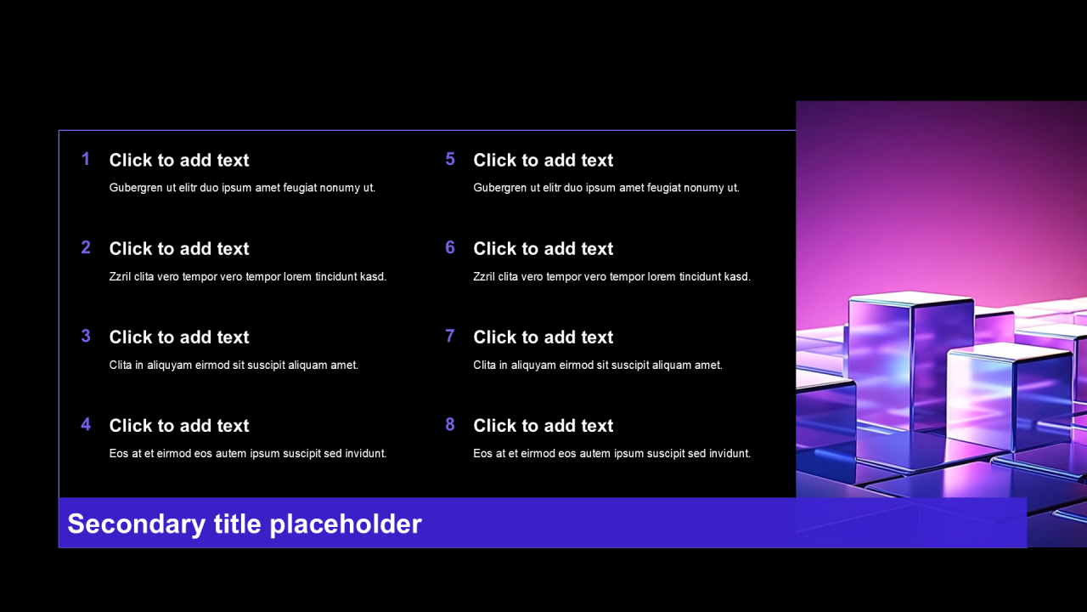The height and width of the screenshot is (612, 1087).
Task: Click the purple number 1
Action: click(86, 159)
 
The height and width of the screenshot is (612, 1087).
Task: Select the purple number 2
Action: click(86, 247)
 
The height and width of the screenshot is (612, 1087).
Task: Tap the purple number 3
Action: click(86, 336)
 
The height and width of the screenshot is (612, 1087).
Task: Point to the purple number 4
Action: click(86, 424)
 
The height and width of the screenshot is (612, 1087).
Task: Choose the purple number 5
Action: click(450, 159)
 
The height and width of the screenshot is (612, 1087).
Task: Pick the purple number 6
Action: click(450, 247)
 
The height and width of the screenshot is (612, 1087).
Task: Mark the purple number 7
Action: click(450, 336)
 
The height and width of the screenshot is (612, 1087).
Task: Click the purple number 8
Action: click(450, 424)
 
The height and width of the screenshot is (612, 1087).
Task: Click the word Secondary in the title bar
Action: click(137, 524)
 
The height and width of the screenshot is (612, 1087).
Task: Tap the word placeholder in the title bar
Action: click(346, 524)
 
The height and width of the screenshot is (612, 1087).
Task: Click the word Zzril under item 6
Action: click(484, 276)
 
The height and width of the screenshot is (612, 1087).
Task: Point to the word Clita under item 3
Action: click(121, 365)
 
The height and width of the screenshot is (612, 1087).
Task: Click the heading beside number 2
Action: click(179, 249)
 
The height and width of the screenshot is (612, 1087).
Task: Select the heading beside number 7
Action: click(543, 337)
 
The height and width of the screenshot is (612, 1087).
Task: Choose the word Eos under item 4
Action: click(118, 453)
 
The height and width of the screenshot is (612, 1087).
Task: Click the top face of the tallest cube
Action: click(911, 297)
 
